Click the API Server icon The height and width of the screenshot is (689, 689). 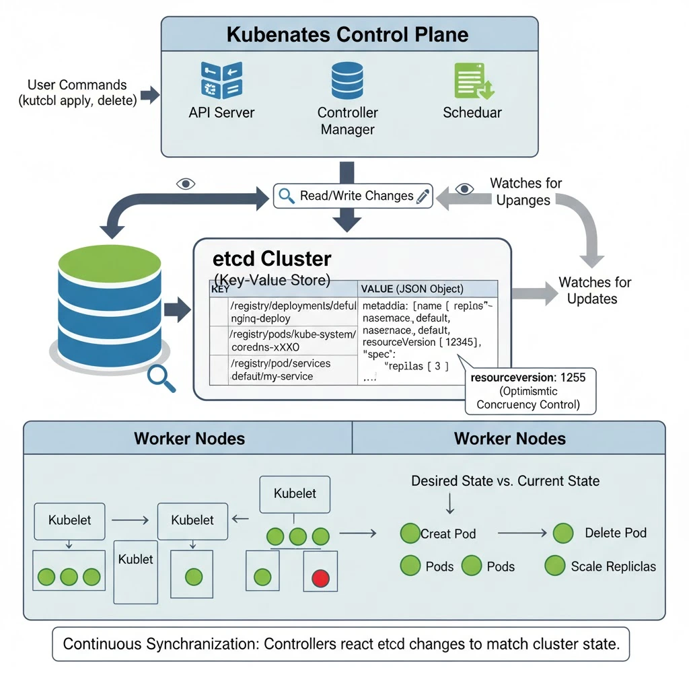click(x=221, y=81)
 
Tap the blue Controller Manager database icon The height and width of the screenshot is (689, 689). click(x=347, y=81)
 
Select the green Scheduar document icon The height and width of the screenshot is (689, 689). click(x=474, y=81)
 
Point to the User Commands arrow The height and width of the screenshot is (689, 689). click(x=149, y=94)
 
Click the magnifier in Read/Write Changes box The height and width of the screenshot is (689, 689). click(x=287, y=196)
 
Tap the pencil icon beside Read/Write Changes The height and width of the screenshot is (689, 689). click(x=423, y=196)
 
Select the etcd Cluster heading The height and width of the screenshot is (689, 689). click(x=272, y=259)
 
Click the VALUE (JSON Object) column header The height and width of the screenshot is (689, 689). click(x=412, y=289)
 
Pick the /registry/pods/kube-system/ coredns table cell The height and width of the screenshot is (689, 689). click(x=292, y=340)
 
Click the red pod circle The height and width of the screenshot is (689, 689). click(x=321, y=577)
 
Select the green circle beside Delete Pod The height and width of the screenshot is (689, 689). click(x=563, y=534)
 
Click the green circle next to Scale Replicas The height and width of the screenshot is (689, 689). click(x=555, y=565)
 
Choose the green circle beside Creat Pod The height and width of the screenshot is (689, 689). click(x=409, y=534)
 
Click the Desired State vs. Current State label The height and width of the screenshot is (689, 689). click(x=505, y=481)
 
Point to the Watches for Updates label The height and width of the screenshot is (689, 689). click(x=595, y=290)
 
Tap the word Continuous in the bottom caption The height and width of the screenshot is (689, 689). click(x=100, y=644)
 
